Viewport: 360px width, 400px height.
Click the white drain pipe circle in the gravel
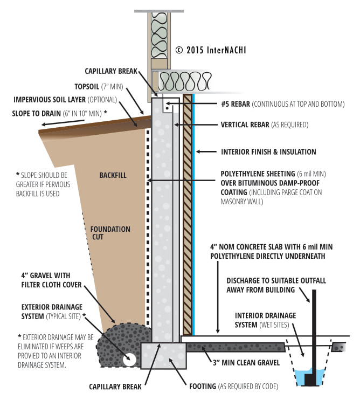tap(129, 360)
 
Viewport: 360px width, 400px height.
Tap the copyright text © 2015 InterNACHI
tap(211, 50)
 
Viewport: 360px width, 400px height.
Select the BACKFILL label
tap(113, 175)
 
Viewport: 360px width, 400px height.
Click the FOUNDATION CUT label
tap(110, 233)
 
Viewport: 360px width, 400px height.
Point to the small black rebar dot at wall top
tap(167, 108)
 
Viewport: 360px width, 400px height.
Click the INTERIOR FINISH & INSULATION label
tap(268, 152)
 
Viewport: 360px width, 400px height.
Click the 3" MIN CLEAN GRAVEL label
tap(246, 362)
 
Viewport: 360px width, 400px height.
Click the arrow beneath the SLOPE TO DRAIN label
tap(63, 122)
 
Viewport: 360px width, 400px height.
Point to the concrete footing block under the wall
tap(163, 356)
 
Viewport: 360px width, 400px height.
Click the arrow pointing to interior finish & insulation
tap(206, 152)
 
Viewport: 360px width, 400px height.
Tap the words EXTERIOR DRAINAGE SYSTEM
tap(52, 312)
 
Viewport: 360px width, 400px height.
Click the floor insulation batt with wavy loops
tap(184, 81)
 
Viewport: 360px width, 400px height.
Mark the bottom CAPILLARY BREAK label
tap(115, 387)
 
